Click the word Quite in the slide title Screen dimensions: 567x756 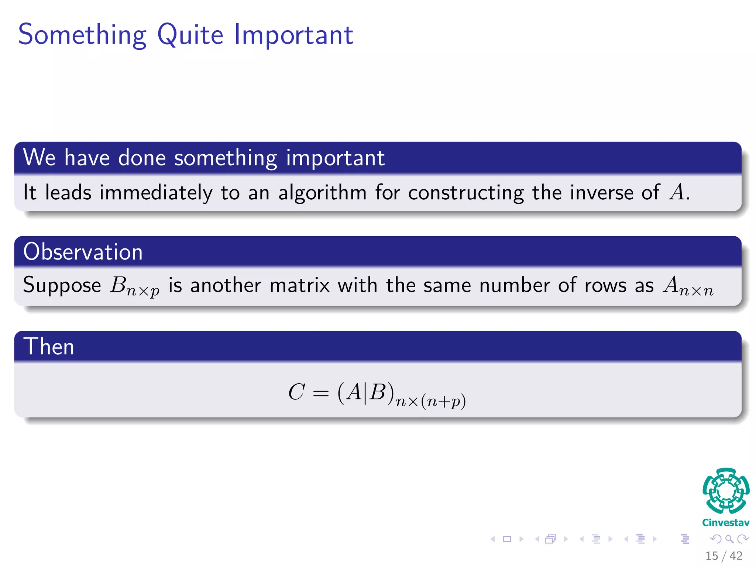190,35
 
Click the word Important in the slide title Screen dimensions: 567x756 294,35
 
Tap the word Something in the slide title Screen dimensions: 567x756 82,35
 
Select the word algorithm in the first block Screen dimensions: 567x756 322,193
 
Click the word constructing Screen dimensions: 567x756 466,193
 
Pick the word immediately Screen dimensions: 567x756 156,193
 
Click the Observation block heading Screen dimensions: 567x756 83,252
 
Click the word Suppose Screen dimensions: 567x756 62,285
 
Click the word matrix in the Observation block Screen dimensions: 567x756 300,285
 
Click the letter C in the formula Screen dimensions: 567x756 296,392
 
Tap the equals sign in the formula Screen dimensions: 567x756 320,394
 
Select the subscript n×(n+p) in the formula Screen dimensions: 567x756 430,401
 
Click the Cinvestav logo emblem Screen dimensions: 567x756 726,491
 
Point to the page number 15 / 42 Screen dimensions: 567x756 724,556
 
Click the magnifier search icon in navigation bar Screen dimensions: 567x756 729,539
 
